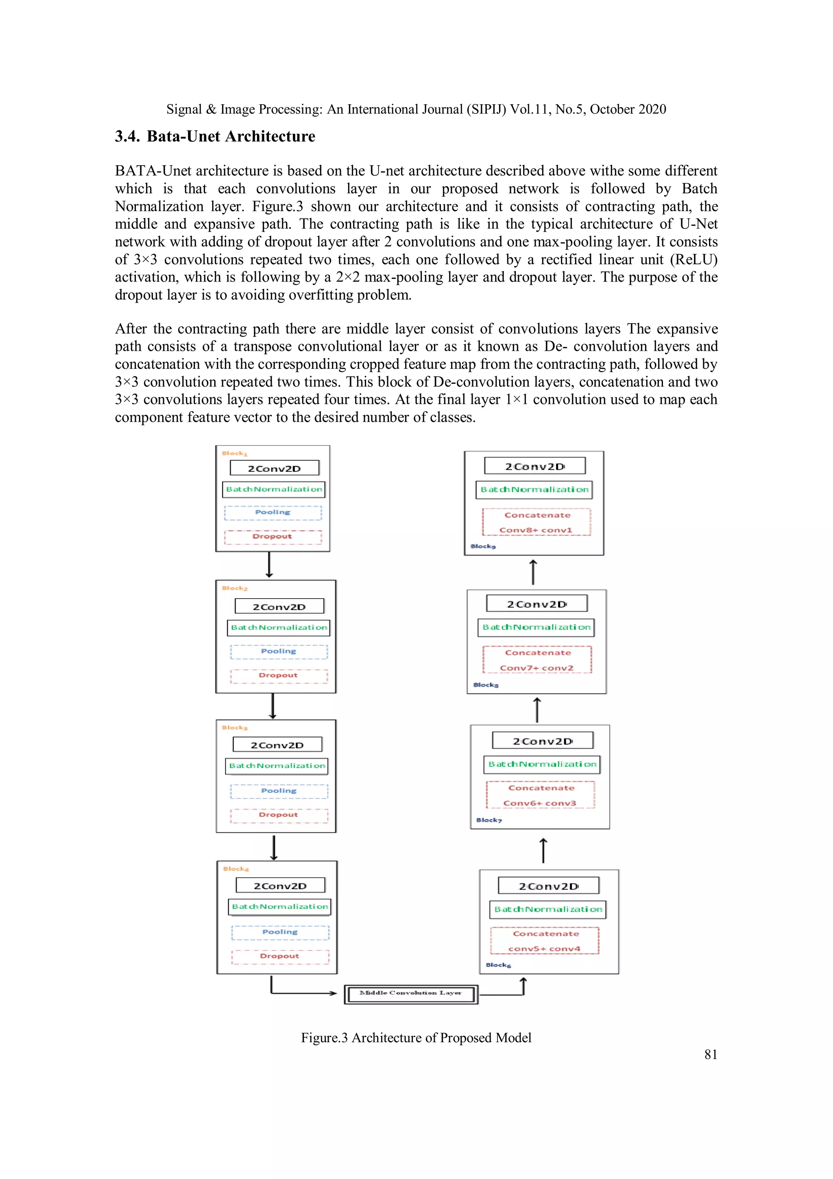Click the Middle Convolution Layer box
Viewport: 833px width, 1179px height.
pyautogui.click(x=410, y=994)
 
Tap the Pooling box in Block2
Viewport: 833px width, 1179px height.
pyautogui.click(x=279, y=652)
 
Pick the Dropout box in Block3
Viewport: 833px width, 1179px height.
pyautogui.click(x=279, y=815)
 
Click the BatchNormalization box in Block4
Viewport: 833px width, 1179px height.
pyautogui.click(x=280, y=907)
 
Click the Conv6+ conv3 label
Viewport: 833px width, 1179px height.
pyautogui.click(x=540, y=803)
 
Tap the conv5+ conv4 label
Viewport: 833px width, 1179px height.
pyautogui.click(x=545, y=948)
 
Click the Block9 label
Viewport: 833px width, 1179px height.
pyautogui.click(x=483, y=547)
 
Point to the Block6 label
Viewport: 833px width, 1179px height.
pyautogui.click(x=498, y=965)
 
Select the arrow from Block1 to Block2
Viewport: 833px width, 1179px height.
pyautogui.click(x=269, y=565)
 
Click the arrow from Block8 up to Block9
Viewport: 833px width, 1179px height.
pyautogui.click(x=533, y=572)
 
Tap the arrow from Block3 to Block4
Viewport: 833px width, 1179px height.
pyautogui.click(x=274, y=847)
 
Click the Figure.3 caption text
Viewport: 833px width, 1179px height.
pyautogui.click(x=416, y=1038)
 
